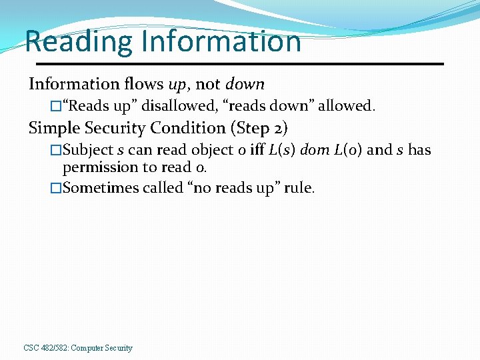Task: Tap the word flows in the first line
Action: coord(143,84)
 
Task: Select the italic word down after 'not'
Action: coord(245,84)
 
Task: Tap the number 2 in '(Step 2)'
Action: coord(277,128)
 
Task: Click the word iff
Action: coord(257,149)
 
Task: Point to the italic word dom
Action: coord(315,149)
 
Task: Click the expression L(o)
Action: coord(348,149)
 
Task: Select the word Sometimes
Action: coord(100,188)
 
